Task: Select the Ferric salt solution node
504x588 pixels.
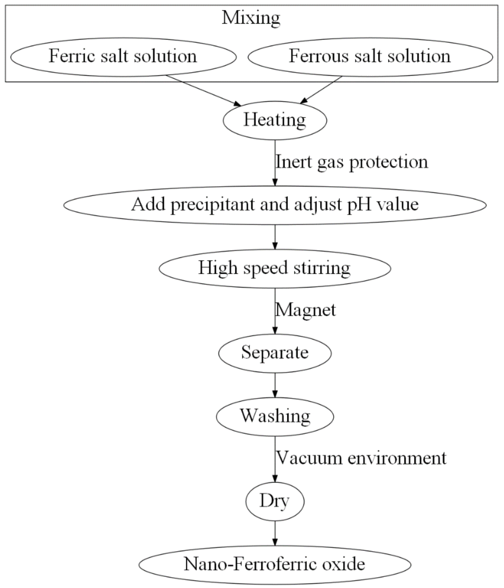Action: (x=123, y=56)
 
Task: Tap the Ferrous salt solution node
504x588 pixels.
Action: (x=370, y=56)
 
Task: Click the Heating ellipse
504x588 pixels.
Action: (x=275, y=120)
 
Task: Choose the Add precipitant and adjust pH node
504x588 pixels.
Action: (x=275, y=205)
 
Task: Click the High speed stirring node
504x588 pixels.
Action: (x=275, y=268)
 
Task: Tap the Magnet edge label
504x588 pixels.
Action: (x=306, y=310)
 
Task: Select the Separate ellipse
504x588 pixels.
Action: (x=275, y=353)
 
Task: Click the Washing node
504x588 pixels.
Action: (x=275, y=416)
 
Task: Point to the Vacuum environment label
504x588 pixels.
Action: (x=361, y=458)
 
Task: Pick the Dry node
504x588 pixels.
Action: (x=275, y=501)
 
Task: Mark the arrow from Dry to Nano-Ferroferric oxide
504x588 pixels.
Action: (x=275, y=533)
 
